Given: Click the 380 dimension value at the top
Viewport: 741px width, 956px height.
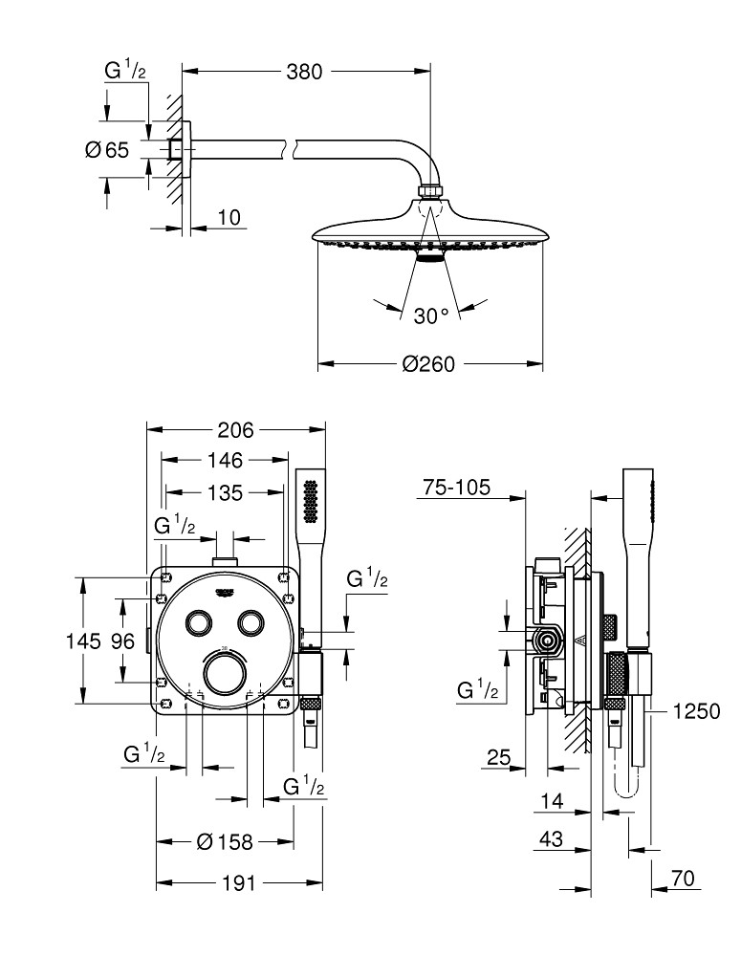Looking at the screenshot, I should tap(307, 72).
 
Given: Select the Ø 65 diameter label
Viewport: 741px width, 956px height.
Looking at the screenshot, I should tap(106, 149).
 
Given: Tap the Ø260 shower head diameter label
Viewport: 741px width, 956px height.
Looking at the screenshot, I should tap(427, 364).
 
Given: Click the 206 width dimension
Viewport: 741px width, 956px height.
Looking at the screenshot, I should tap(235, 429).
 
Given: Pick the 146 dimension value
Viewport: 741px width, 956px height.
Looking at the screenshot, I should tap(226, 461).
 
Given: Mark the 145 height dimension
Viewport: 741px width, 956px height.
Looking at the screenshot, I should tap(83, 641).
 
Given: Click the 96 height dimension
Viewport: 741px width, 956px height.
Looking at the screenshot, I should tap(121, 641).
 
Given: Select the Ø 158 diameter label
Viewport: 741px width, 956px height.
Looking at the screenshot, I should tap(225, 842).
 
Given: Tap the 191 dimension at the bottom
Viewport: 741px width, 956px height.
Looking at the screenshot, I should tap(239, 883).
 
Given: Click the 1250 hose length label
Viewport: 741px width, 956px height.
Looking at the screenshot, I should tap(695, 711).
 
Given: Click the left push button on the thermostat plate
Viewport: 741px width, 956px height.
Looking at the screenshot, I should tap(200, 621).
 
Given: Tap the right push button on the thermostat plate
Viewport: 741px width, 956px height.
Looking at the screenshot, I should tap(251, 621).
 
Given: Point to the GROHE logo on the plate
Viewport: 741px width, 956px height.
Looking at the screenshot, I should tap(226, 593).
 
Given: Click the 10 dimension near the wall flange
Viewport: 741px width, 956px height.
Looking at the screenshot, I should tap(229, 218).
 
